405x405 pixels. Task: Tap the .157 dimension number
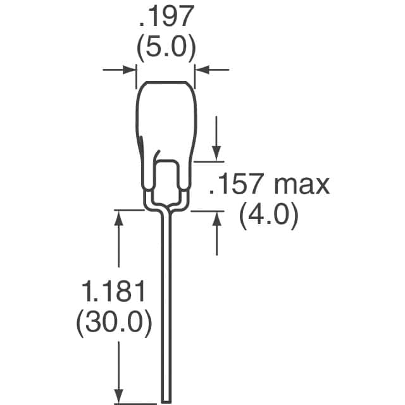[x=240, y=185]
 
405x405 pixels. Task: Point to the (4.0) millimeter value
[x=268, y=216]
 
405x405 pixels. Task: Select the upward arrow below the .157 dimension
[x=216, y=218]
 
